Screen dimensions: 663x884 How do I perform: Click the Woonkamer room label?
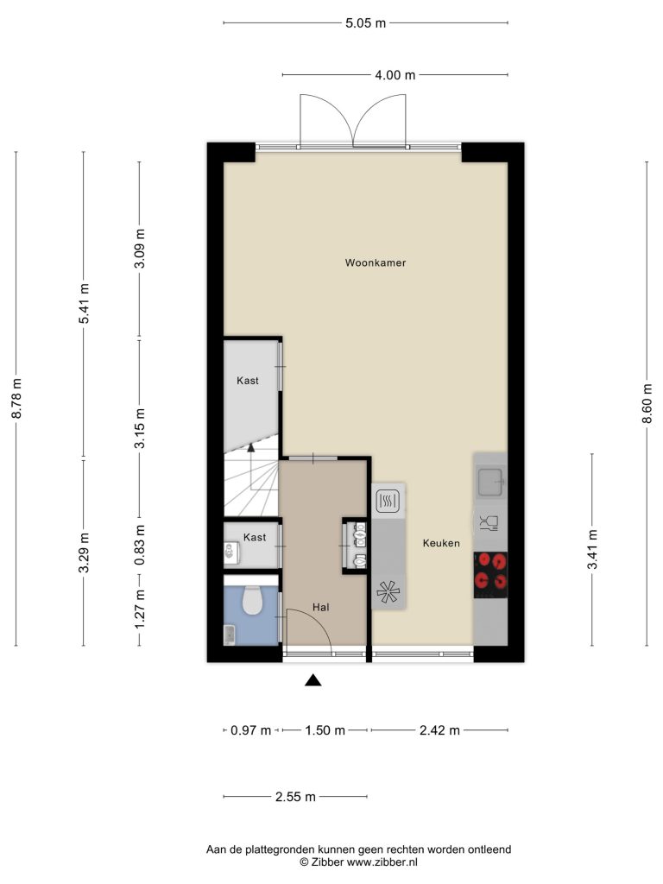click(376, 262)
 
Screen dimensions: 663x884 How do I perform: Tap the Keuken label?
click(441, 543)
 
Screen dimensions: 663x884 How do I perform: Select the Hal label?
click(321, 607)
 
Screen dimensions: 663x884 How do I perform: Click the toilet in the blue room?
click(252, 601)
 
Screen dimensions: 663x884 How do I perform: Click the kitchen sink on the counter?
click(490, 482)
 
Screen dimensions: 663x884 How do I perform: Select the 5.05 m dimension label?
click(365, 23)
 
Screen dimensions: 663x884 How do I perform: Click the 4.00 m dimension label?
click(395, 75)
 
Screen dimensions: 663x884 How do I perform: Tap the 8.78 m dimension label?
click(16, 398)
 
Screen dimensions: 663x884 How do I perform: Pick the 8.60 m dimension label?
click(647, 403)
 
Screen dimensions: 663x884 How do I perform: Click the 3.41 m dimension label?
click(592, 549)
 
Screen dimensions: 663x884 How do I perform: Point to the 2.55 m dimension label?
click(295, 797)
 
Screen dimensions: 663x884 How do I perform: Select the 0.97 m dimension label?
click(251, 730)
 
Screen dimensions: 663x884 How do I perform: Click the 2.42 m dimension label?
click(439, 730)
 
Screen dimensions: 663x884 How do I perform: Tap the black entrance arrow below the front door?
click(313, 680)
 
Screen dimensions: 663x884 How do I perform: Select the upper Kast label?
click(248, 381)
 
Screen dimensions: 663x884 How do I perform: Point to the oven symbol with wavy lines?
click(388, 501)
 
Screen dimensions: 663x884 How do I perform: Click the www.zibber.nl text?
click(382, 862)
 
